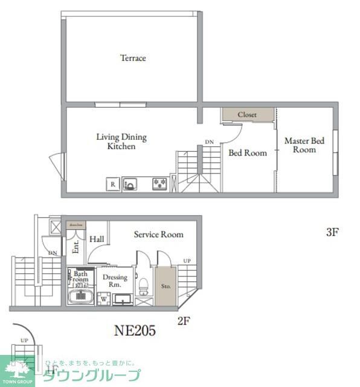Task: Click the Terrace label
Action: point(133,58)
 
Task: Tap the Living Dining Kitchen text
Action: point(121,141)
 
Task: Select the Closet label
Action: point(246,115)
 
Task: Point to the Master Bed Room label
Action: point(304,145)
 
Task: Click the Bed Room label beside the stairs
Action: point(247,153)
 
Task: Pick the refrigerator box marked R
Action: point(112,184)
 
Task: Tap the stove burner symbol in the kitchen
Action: point(159,184)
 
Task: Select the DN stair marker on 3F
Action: point(209,142)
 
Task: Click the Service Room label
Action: point(158,235)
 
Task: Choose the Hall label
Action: point(97,239)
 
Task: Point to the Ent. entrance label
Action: point(76,247)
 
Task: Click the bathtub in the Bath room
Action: point(80,296)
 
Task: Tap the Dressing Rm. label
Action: point(115,280)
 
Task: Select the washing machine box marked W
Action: point(103,298)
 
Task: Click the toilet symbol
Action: point(143,284)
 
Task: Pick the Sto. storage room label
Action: point(164,285)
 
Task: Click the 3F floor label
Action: point(332,232)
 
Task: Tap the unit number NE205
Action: point(135,330)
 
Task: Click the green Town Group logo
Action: point(18,370)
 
